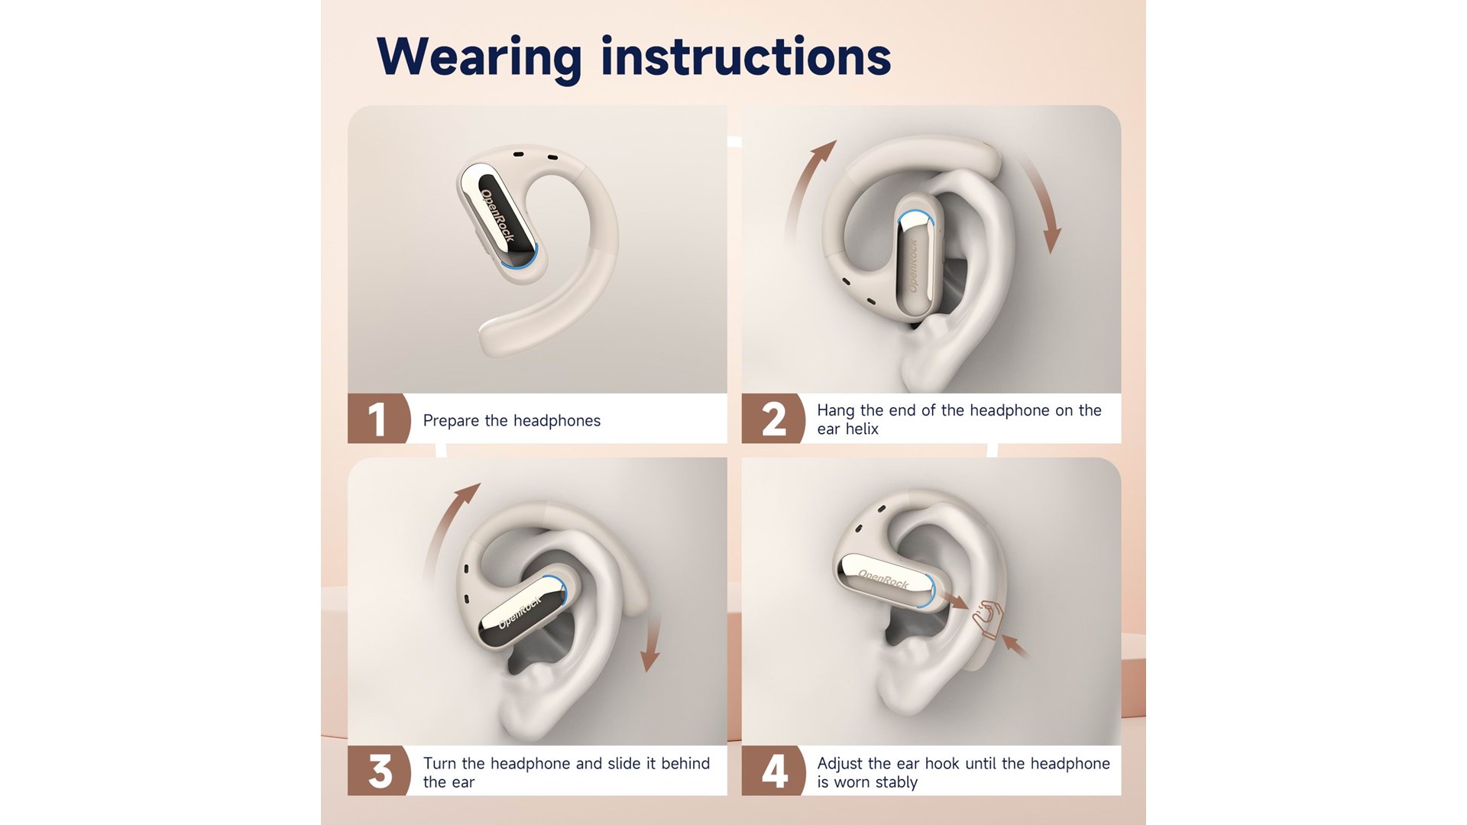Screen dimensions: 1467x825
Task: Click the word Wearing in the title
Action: click(x=479, y=57)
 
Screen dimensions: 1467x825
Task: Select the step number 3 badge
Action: click(x=379, y=771)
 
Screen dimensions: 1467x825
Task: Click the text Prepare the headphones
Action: click(x=512, y=421)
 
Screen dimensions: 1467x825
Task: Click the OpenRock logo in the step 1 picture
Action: click(x=497, y=216)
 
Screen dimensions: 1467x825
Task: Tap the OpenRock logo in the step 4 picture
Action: click(x=883, y=579)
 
